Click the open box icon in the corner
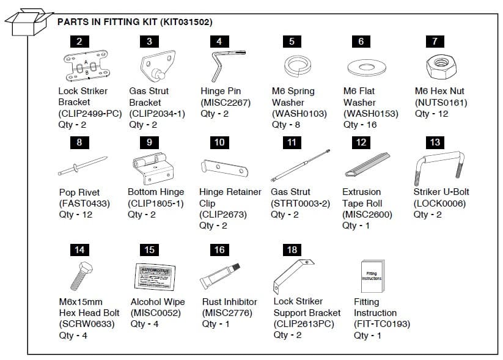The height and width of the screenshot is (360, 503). pyautogui.click(x=28, y=23)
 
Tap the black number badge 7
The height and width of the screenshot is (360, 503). pyautogui.click(x=435, y=42)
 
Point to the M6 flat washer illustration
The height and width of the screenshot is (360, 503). pyautogui.click(x=361, y=65)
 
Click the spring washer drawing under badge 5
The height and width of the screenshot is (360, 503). pyautogui.click(x=292, y=65)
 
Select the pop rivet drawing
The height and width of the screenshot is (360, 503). pyautogui.click(x=79, y=166)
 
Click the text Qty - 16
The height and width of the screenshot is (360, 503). pyautogui.click(x=359, y=125)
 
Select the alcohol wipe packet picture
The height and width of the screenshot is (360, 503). pyautogui.click(x=153, y=277)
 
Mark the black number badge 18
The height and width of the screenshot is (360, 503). pyautogui.click(x=292, y=249)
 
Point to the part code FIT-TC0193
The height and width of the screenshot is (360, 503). pyautogui.click(x=382, y=324)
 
